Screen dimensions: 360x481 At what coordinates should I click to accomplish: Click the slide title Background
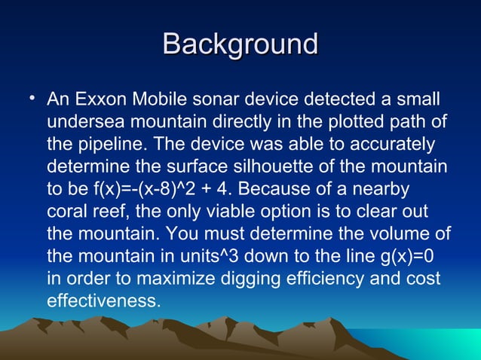tap(240, 44)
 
